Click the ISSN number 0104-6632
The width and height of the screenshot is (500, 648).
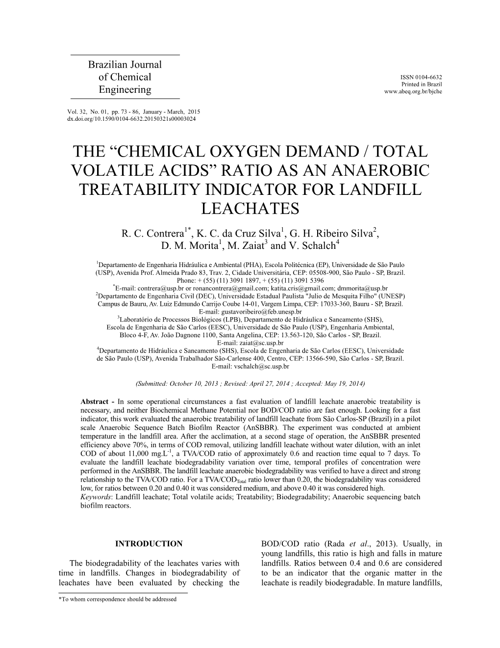[x=427, y=77]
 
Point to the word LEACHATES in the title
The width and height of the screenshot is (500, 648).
[x=250, y=209]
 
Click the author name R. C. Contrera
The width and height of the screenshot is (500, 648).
[x=152, y=233]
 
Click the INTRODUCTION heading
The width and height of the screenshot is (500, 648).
[x=149, y=544]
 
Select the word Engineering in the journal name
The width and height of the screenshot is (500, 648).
[x=125, y=90]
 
